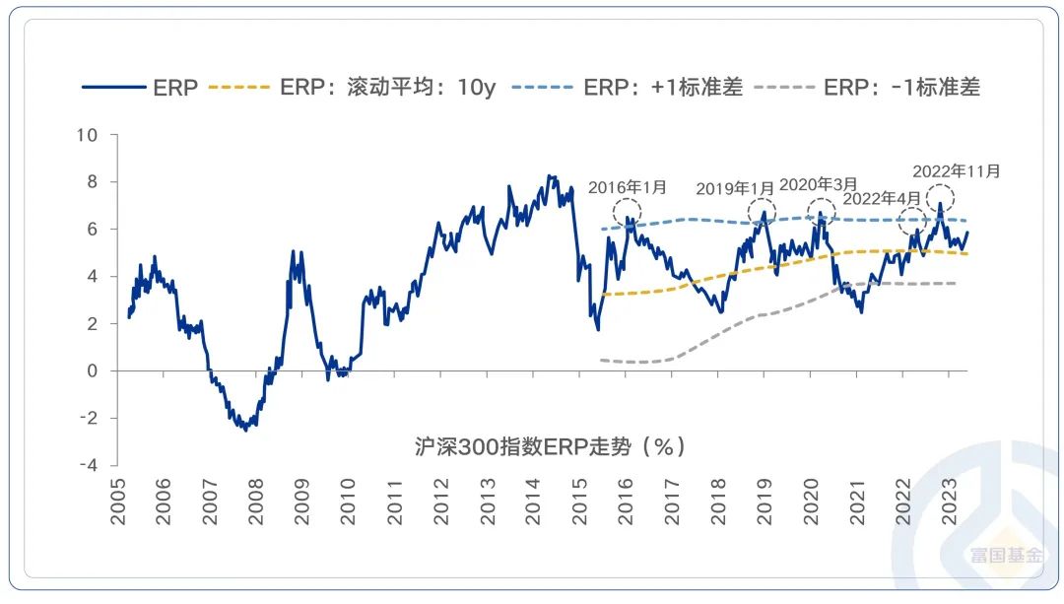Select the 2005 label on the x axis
(118, 502)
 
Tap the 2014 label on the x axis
(534, 502)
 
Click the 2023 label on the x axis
(950, 502)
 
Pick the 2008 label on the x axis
(256, 502)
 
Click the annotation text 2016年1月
(628, 187)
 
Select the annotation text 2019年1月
(736, 189)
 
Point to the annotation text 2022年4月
(883, 198)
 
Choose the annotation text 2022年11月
(957, 170)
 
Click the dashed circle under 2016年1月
(627, 211)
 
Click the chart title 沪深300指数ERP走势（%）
(549, 446)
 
